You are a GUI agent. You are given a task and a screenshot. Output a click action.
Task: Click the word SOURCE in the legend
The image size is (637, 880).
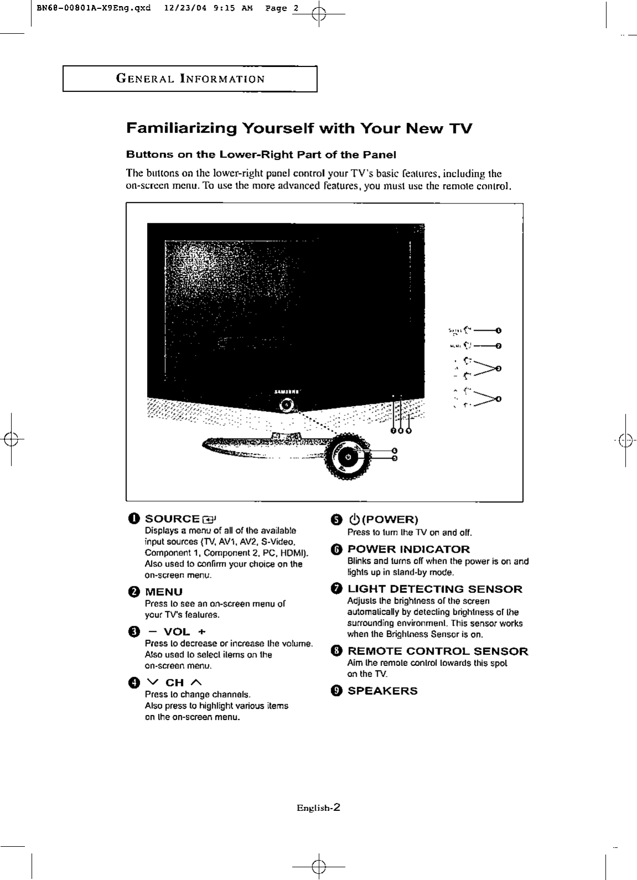pyautogui.click(x=172, y=519)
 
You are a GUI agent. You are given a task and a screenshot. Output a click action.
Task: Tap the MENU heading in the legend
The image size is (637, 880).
pyautogui.click(x=164, y=592)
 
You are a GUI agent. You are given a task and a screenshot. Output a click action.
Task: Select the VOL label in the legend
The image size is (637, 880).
pyautogui.click(x=176, y=632)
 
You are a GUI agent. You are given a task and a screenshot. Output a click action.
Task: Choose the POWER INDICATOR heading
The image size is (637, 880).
pyautogui.click(x=409, y=549)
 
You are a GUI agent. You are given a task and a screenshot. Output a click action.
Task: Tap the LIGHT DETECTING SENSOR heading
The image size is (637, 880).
pyautogui.click(x=435, y=589)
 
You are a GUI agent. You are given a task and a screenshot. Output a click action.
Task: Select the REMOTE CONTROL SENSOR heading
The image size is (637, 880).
pyautogui.click(x=437, y=651)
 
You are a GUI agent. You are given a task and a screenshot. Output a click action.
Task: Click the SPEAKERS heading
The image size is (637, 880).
pyautogui.click(x=383, y=691)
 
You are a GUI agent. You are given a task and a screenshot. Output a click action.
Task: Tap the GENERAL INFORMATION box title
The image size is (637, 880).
pyautogui.click(x=190, y=79)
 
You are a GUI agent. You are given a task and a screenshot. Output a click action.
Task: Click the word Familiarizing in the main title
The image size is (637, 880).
pyautogui.click(x=182, y=129)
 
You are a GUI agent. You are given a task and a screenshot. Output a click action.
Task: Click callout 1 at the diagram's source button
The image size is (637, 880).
pyautogui.click(x=499, y=331)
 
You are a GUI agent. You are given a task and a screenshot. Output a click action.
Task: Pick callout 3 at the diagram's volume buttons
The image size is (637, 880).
pyautogui.click(x=499, y=368)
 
